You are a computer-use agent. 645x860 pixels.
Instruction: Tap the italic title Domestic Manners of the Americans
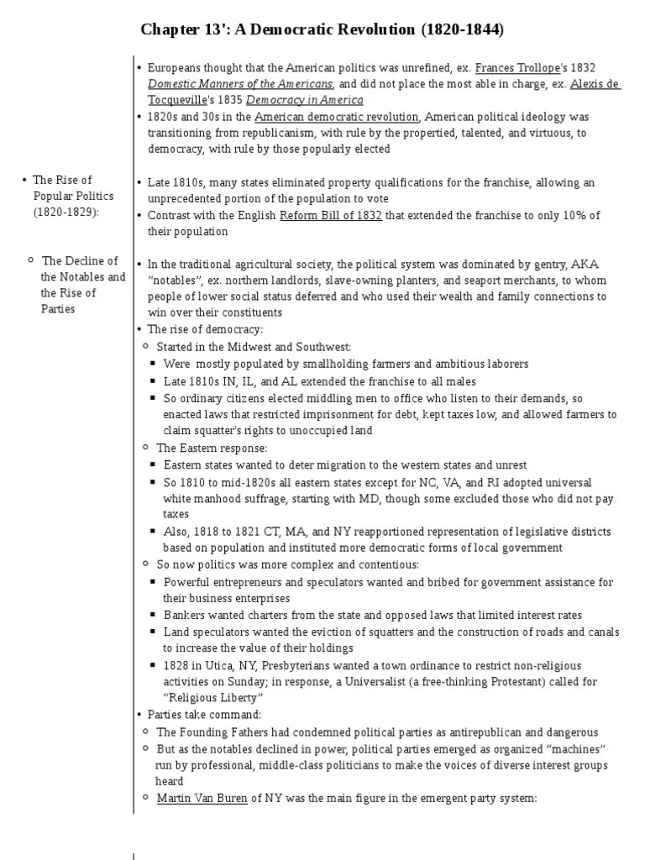point(241,84)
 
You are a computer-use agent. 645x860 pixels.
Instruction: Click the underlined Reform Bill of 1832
point(331,215)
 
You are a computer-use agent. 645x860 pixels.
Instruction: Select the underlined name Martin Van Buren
point(202,798)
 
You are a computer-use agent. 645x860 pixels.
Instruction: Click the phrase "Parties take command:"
point(205,715)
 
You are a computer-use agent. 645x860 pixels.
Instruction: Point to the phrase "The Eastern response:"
point(212,448)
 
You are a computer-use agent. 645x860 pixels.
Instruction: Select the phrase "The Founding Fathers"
point(208,732)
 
